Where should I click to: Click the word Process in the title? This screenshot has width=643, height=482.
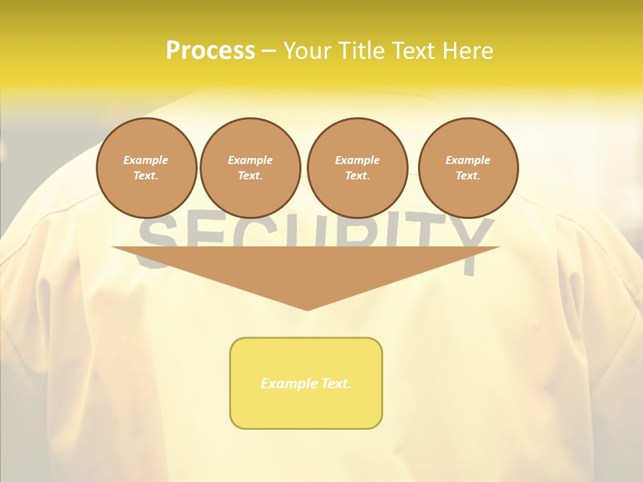[x=210, y=51]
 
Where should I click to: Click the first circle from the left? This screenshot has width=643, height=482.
[x=146, y=167]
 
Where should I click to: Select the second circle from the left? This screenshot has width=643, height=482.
[x=250, y=167]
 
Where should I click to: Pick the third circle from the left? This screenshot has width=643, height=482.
[x=357, y=167]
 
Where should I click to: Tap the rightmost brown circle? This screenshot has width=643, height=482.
[x=468, y=167]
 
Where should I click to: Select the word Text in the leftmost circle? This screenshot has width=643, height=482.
[x=145, y=175]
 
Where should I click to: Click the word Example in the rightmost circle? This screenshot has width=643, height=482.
[x=468, y=160]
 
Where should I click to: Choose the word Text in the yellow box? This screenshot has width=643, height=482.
[x=334, y=384]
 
